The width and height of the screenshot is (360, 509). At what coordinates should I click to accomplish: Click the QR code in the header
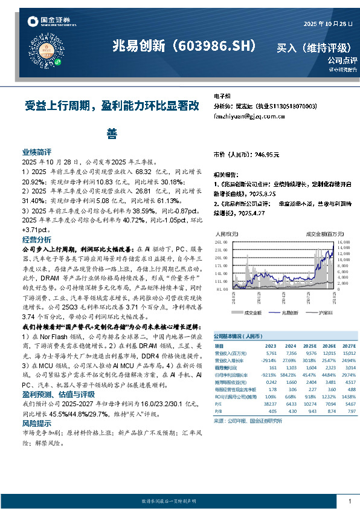click(57, 46)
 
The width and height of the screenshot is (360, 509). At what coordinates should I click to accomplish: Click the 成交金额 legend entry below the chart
click(253, 312)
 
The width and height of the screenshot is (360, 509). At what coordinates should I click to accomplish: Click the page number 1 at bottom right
click(350, 501)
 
